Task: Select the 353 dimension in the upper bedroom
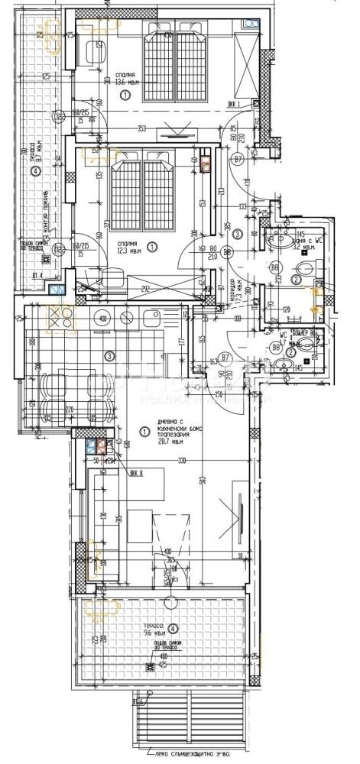point(142,128)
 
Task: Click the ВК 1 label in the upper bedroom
point(234,104)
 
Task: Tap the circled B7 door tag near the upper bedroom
point(238,159)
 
